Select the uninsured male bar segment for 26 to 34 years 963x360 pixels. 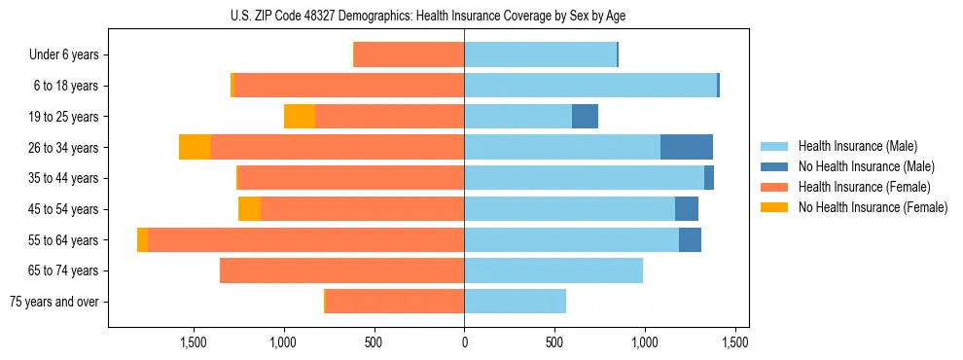[686, 147]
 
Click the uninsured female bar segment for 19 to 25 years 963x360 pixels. [300, 117]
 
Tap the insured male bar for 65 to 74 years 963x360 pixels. [553, 270]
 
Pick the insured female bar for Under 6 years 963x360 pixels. [409, 54]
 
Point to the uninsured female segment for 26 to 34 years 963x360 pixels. [196, 147]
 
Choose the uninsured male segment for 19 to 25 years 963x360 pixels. [585, 117]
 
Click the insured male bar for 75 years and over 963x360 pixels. [515, 302]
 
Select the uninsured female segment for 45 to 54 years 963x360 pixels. [249, 209]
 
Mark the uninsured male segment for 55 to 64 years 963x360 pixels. [690, 239]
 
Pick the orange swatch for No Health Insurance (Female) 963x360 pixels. [776, 207]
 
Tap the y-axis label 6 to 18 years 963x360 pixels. [66, 86]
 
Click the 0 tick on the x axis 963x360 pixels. [464, 342]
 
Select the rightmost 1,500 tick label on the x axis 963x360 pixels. [734, 342]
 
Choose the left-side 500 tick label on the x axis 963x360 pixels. [374, 342]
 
